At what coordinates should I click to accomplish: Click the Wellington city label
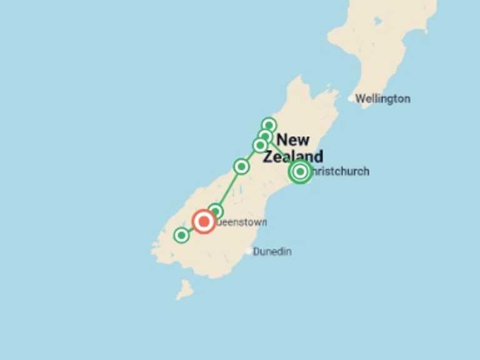pyautogui.click(x=383, y=99)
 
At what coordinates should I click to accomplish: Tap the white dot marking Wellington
pyautogui.click(x=351, y=98)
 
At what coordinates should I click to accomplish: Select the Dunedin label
pyautogui.click(x=272, y=251)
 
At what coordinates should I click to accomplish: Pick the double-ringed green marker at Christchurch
pyautogui.click(x=300, y=171)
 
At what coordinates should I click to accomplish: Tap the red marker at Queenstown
pyautogui.click(x=204, y=221)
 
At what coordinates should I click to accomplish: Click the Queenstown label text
pyautogui.click(x=242, y=222)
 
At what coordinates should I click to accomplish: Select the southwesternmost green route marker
pyautogui.click(x=181, y=235)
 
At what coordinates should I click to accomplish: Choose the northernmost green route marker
pyautogui.click(x=269, y=125)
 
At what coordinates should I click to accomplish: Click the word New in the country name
pyautogui.click(x=293, y=139)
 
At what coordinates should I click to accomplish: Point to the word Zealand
pyautogui.click(x=292, y=156)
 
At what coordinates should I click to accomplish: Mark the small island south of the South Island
pyautogui.click(x=184, y=289)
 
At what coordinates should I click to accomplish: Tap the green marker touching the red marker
pyautogui.click(x=216, y=211)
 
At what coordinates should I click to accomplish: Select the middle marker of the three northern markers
pyautogui.click(x=266, y=136)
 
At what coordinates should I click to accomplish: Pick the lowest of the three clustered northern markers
pyautogui.click(x=260, y=145)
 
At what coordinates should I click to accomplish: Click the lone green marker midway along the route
pyautogui.click(x=241, y=166)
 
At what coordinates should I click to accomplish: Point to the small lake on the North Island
pyautogui.click(x=378, y=21)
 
